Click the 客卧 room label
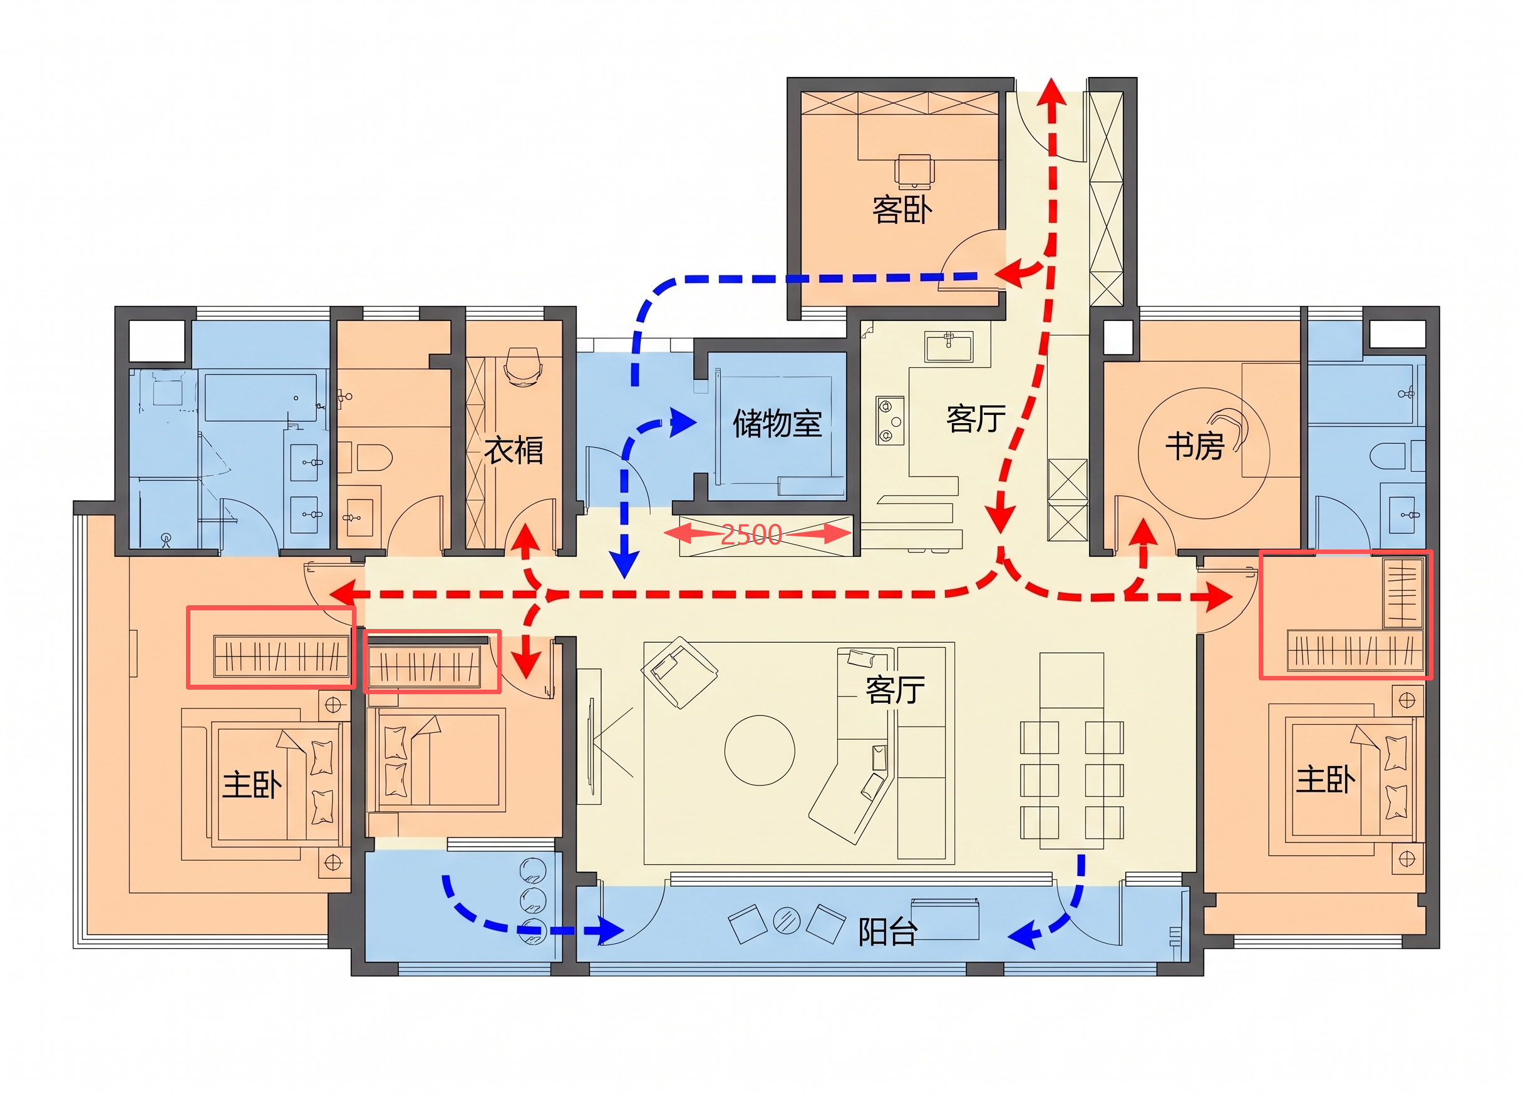pyautogui.click(x=902, y=210)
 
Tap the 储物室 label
pyautogui.click(x=778, y=424)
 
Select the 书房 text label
pyautogui.click(x=1195, y=446)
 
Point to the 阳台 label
pyautogui.click(x=888, y=933)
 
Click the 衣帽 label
pyautogui.click(x=514, y=450)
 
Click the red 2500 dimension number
pyautogui.click(x=751, y=535)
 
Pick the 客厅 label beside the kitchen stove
pyautogui.click(x=976, y=419)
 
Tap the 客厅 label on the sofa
pyautogui.click(x=895, y=690)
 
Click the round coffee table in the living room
pyautogui.click(x=760, y=750)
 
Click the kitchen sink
pyautogui.click(x=948, y=347)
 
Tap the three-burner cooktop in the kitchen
pyautogui.click(x=890, y=420)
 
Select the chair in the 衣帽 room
pyautogui.click(x=522, y=367)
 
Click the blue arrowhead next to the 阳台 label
pyautogui.click(x=1022, y=935)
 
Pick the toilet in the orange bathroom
pyautogui.click(x=373, y=457)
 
